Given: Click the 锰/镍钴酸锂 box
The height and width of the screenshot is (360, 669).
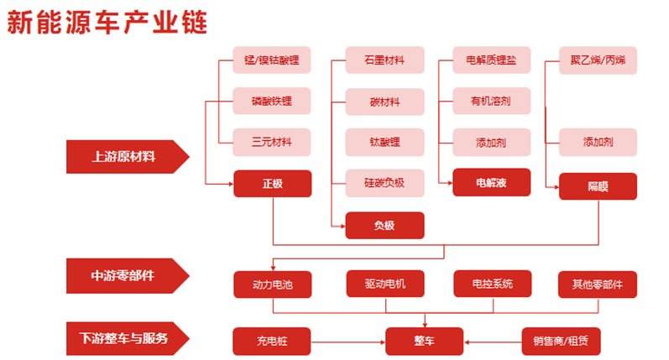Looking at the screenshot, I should [x=272, y=60].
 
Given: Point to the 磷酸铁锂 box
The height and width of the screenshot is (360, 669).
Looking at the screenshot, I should [x=272, y=101].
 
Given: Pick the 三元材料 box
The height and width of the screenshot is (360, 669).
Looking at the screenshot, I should [x=272, y=141].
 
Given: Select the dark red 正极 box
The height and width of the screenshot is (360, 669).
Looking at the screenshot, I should [x=272, y=183].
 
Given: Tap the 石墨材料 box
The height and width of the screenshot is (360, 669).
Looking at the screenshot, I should [x=384, y=60].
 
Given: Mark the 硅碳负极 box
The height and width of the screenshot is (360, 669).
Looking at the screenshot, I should [x=384, y=182].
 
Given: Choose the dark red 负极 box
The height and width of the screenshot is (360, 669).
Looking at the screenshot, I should [x=384, y=225].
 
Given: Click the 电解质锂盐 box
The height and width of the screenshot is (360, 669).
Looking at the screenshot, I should [x=491, y=60].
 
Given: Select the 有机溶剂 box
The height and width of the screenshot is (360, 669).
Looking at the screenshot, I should [x=491, y=101].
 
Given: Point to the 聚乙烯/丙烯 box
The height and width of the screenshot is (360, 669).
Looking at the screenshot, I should [x=598, y=60].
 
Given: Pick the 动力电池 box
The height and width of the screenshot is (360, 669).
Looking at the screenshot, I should [x=272, y=284].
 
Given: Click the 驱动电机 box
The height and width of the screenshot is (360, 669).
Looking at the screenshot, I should [x=384, y=284].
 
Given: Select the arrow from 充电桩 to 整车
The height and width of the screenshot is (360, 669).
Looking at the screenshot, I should [x=348, y=341].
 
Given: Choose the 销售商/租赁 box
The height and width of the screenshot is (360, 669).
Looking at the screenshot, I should [x=561, y=341].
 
